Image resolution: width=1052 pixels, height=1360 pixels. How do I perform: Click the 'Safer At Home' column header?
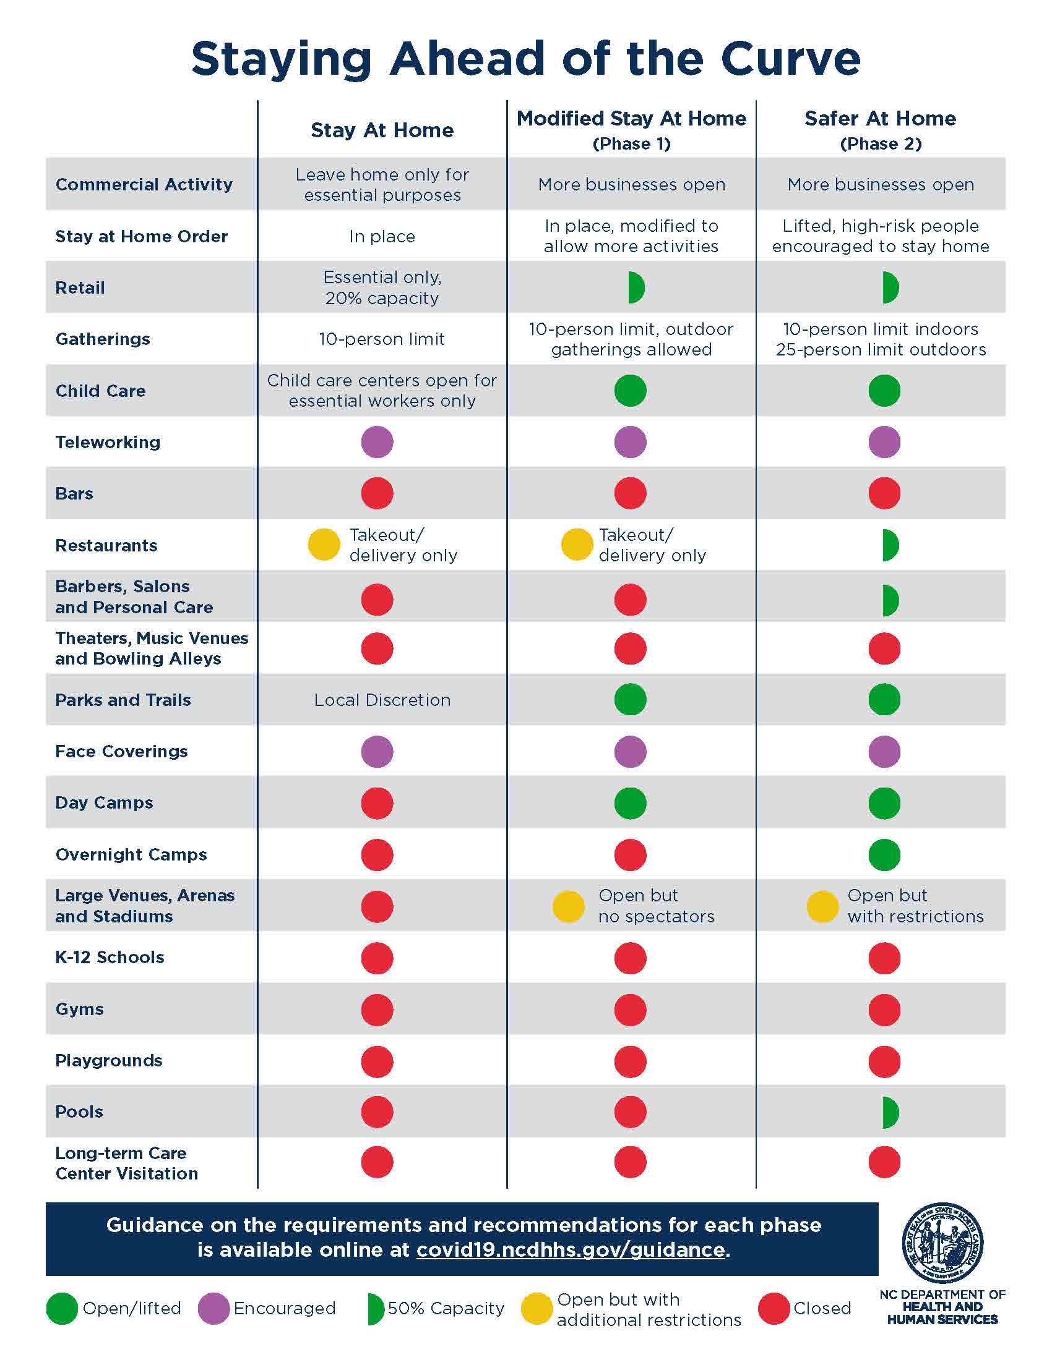[880, 118]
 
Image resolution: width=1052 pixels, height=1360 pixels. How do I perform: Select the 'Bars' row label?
[74, 494]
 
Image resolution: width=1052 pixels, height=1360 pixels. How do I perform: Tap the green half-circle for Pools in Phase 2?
[890, 1112]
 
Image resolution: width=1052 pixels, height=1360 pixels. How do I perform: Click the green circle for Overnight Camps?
[884, 855]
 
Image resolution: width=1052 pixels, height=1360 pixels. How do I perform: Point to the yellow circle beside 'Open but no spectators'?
[568, 907]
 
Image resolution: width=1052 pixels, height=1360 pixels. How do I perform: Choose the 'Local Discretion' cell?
[382, 700]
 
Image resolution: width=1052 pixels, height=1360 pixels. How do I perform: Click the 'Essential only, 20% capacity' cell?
[382, 287]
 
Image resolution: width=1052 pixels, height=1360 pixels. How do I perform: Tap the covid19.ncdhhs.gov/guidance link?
[571, 1250]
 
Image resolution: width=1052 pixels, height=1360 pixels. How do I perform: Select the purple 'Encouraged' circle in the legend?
[213, 1308]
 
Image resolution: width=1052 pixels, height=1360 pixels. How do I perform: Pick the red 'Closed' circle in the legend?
[774, 1308]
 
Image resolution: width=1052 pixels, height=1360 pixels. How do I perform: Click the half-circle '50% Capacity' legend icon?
[375, 1309]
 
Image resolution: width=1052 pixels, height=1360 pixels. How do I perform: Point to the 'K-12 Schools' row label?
[110, 958]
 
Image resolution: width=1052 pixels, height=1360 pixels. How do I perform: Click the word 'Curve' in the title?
[790, 59]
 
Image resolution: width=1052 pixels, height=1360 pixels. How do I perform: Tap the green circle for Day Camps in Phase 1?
[630, 803]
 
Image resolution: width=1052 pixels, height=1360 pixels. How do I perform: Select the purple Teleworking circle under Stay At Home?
[377, 442]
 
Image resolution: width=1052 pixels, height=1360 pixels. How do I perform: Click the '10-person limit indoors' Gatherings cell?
[880, 329]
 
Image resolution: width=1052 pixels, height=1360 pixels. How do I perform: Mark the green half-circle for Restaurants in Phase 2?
[890, 545]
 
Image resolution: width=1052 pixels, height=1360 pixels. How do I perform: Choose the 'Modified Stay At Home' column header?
[631, 118]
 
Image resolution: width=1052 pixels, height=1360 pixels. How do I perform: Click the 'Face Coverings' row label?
[121, 752]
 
